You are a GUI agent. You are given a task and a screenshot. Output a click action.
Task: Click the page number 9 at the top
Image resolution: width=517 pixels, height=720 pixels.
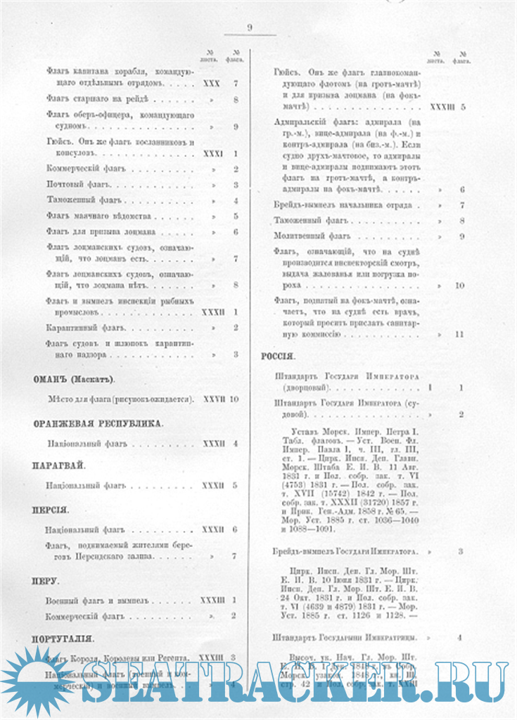pos(250,27)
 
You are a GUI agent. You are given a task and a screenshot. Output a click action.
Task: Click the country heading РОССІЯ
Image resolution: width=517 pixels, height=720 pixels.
pos(278,356)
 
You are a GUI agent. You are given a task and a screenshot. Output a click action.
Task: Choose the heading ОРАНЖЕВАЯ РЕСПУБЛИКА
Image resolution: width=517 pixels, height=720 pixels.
pos(98,423)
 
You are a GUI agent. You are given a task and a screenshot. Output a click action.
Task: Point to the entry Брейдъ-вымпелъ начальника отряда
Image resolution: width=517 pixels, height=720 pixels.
pos(347,205)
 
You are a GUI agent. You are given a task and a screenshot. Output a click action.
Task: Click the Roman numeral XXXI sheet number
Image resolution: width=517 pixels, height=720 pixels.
pos(212,153)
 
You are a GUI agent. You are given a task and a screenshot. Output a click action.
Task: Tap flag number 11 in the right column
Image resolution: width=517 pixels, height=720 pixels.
pos(459,335)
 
